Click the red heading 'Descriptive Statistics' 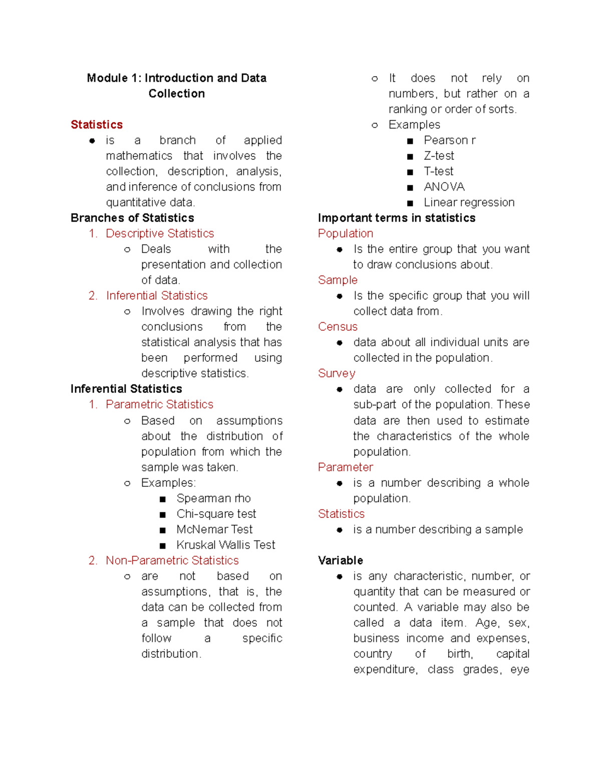(160, 234)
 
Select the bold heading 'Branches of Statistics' (132, 218)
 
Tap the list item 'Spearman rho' (213, 498)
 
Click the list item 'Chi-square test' (216, 514)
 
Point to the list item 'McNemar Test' (214, 529)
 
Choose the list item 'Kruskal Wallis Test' (225, 545)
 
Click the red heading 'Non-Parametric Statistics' (172, 560)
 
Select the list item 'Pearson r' (449, 141)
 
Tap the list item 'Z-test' (439, 156)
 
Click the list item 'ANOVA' (444, 187)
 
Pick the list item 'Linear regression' (469, 203)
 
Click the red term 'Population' (346, 234)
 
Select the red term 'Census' (338, 327)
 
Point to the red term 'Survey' (337, 373)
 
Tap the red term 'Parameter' (346, 467)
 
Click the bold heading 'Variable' (341, 560)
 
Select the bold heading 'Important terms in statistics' (397, 218)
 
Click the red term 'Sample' (338, 280)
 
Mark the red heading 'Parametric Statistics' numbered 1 (159, 404)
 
